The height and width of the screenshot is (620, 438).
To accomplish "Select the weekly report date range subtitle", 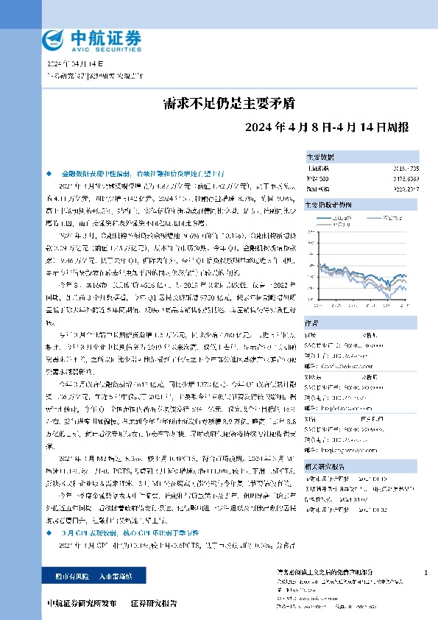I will (337, 127).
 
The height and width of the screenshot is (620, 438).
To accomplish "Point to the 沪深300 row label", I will (314, 177).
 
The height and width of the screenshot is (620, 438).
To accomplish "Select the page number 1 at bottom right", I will (426, 572).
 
